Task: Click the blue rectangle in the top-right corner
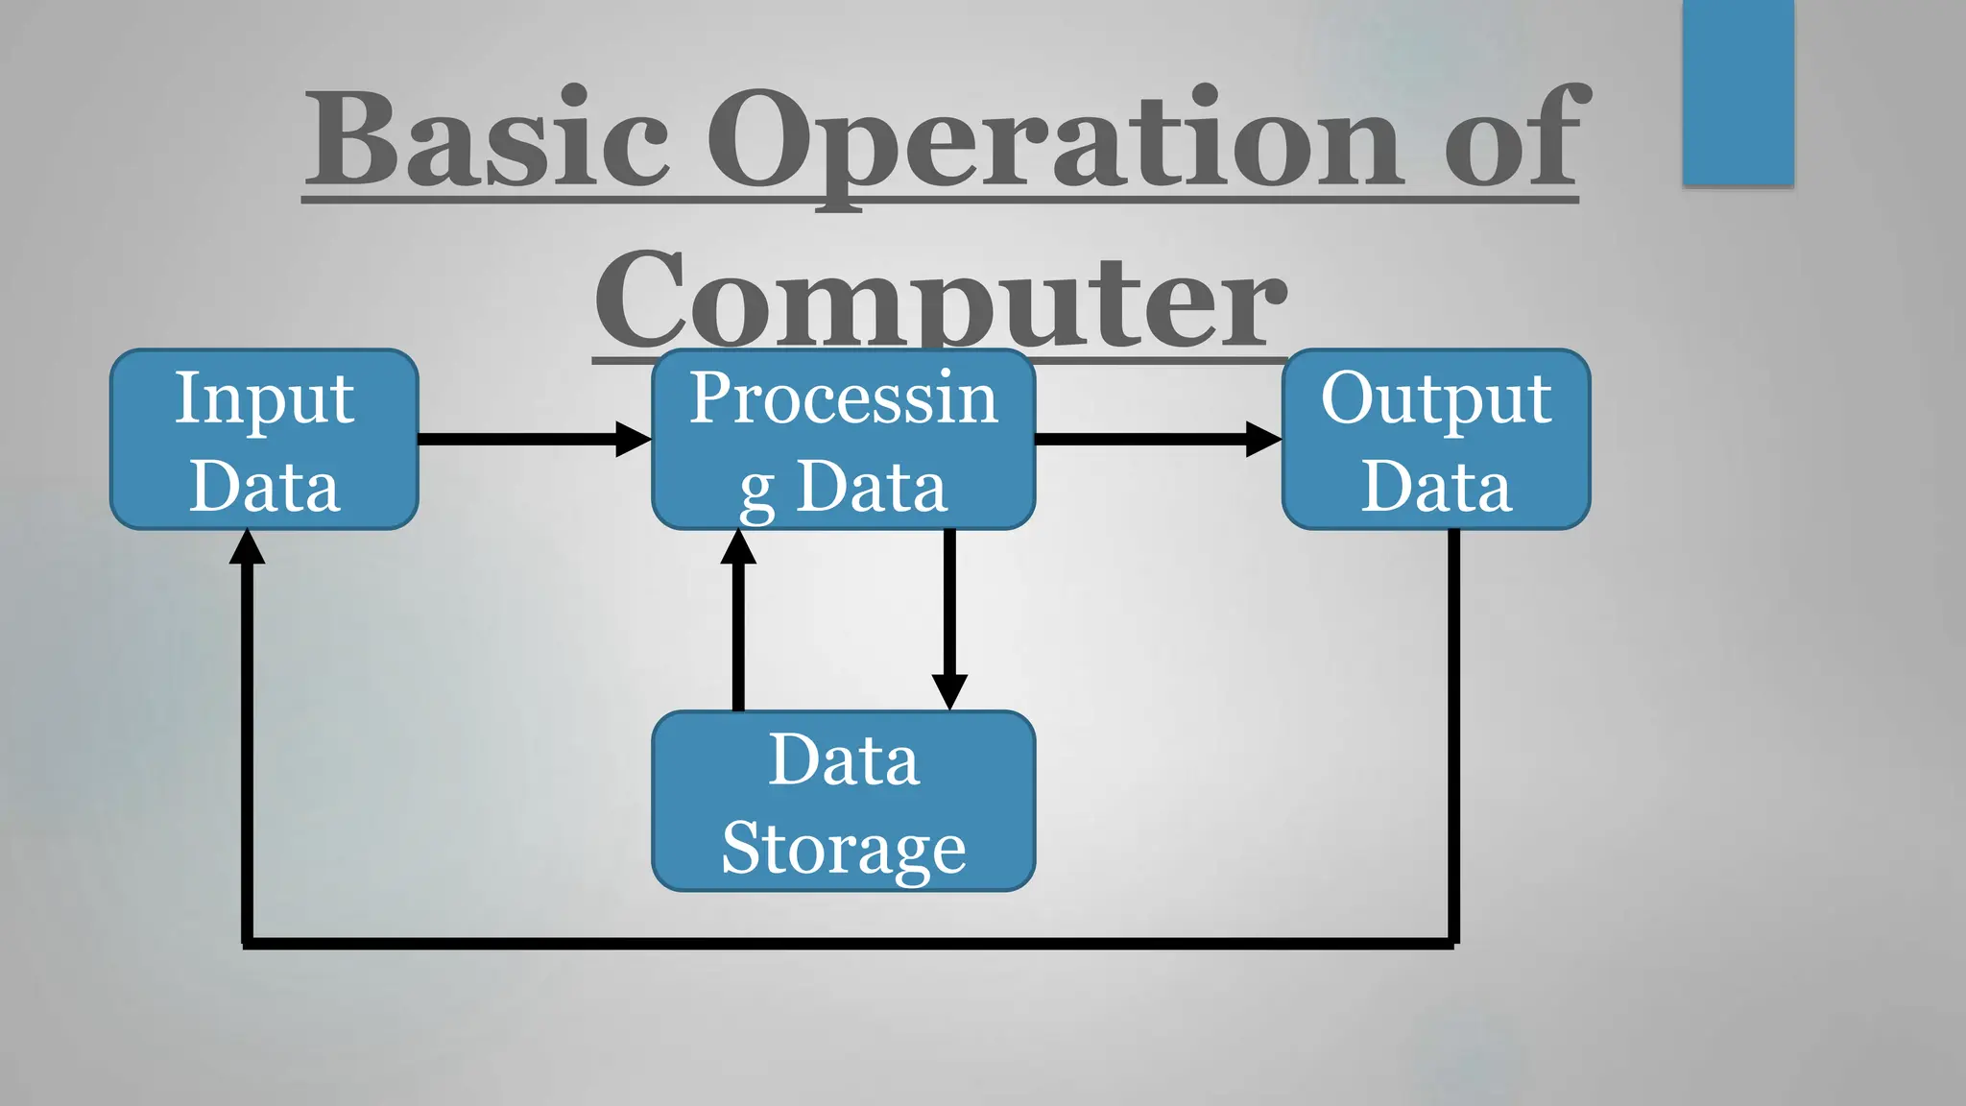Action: pos(1738,91)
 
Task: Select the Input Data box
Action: pos(264,439)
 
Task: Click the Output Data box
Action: pos(1436,439)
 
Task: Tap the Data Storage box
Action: pos(843,801)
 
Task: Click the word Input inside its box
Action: pos(264,398)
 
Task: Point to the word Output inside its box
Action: pos(1435,398)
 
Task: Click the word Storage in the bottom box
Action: pos(843,847)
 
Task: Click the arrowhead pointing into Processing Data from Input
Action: pos(634,439)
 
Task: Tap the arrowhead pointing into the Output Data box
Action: pos(1263,439)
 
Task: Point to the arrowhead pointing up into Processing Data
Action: pos(738,547)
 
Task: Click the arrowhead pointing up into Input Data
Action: pos(248,547)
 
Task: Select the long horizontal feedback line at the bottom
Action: pos(850,944)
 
